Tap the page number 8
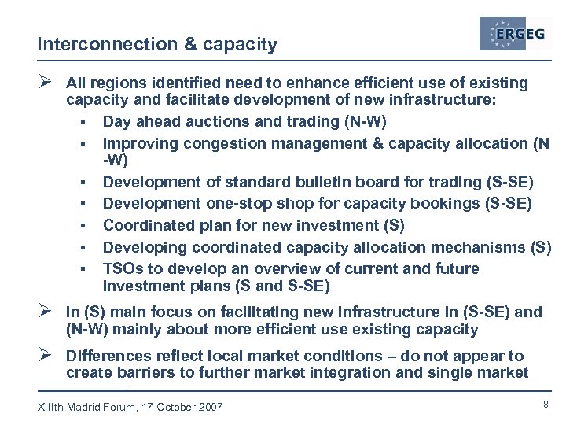point(545,404)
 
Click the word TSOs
point(123,268)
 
